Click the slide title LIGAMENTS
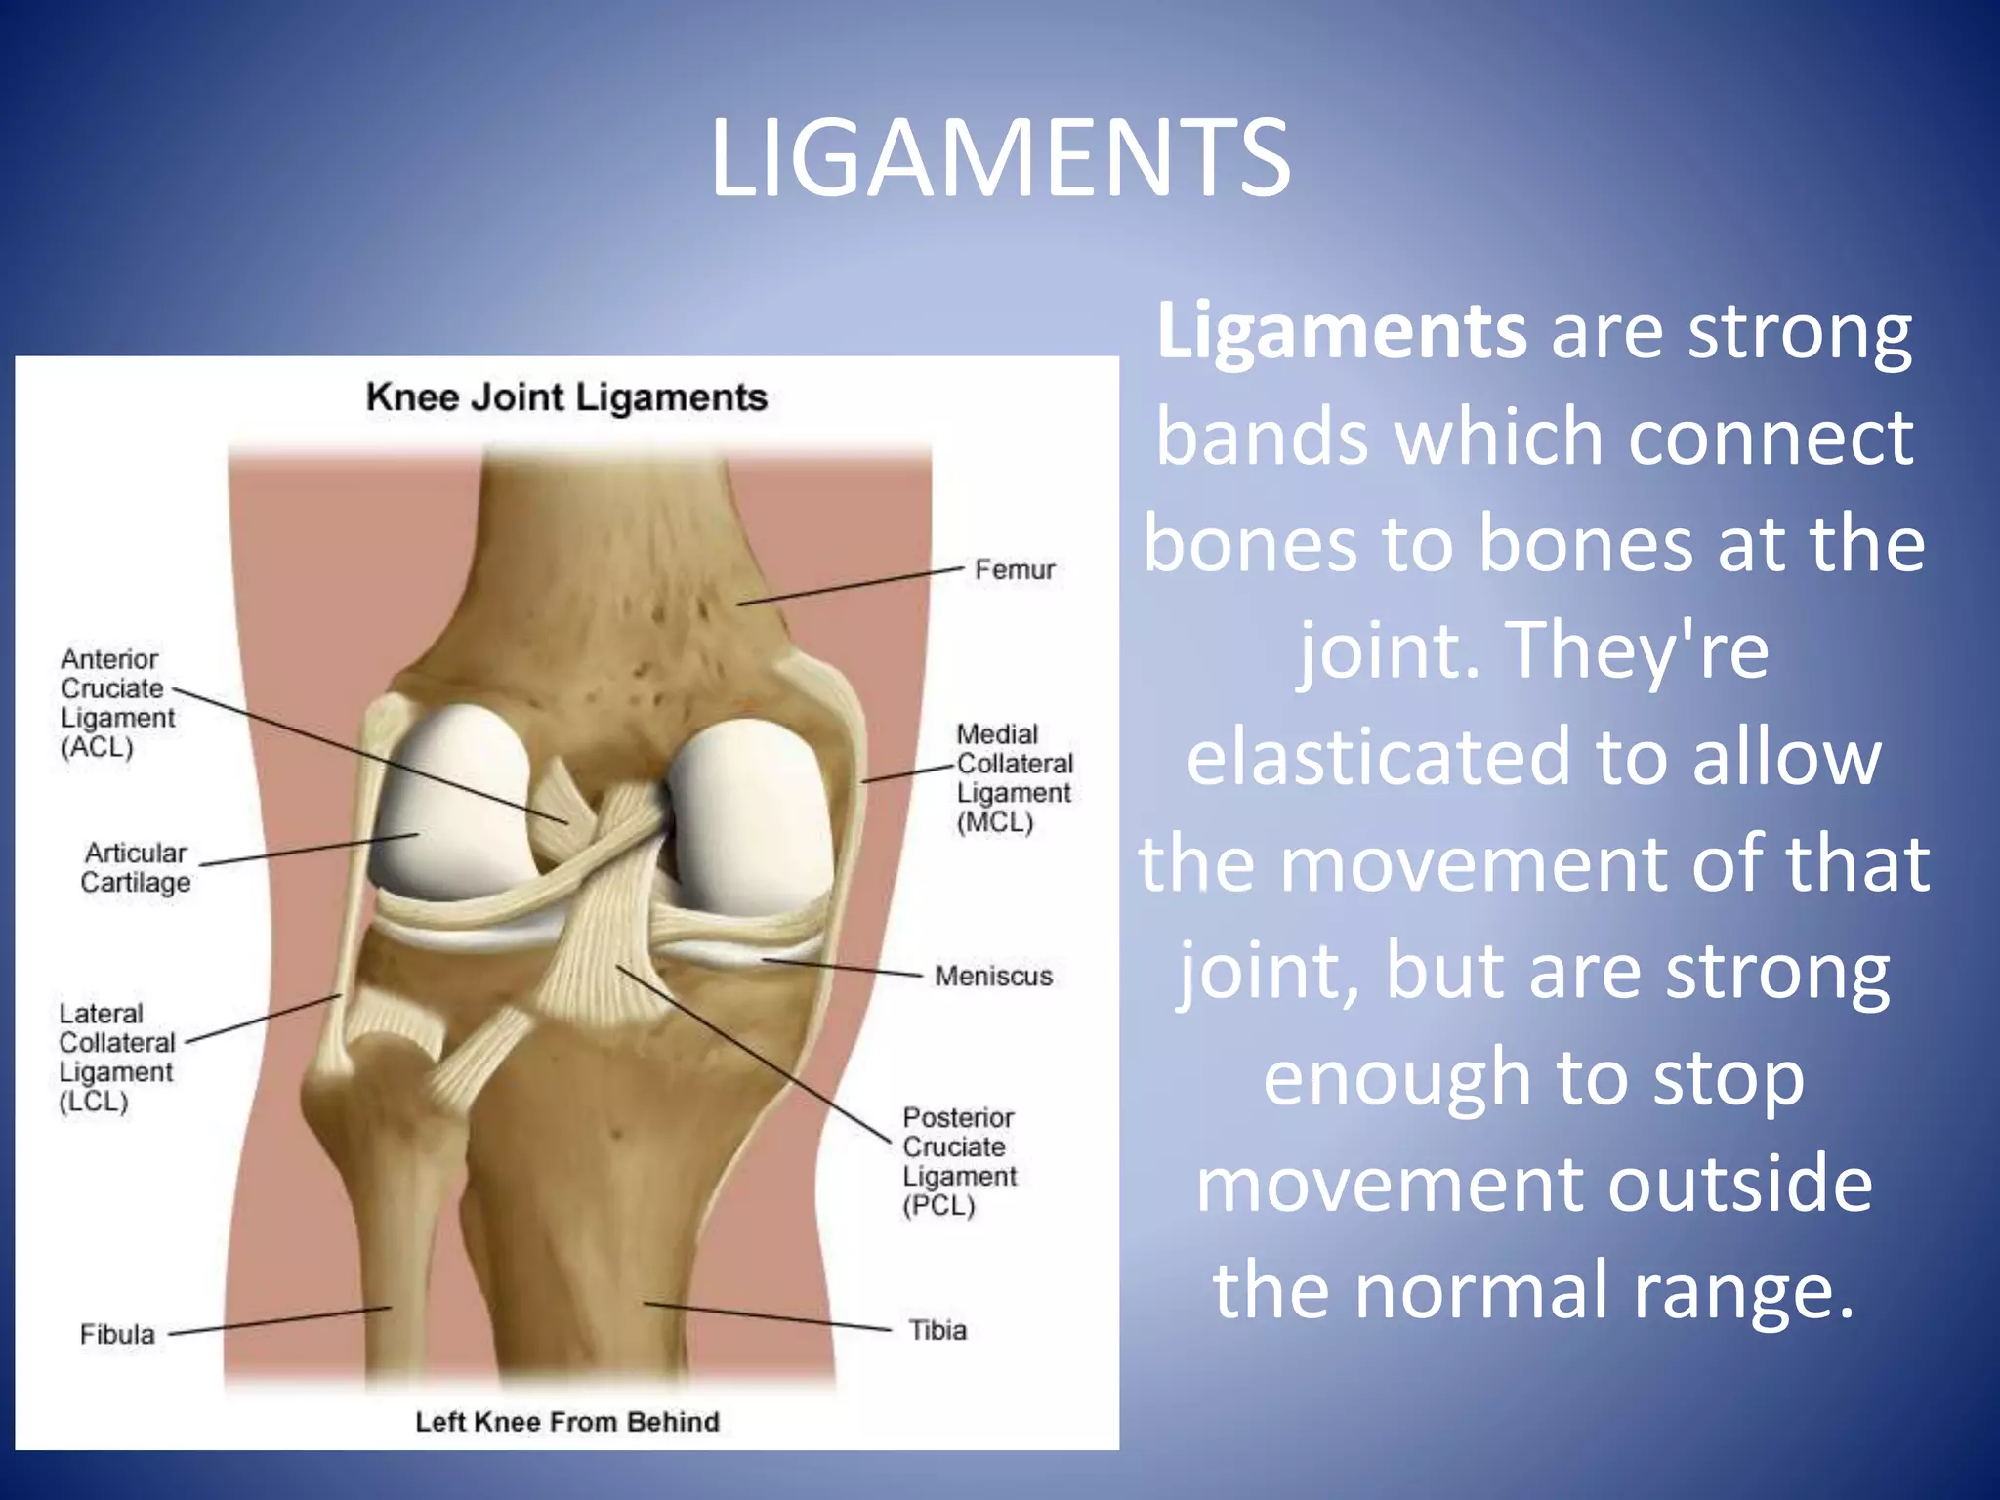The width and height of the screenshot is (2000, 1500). click(1000, 158)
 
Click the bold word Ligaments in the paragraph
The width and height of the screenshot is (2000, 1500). click(1342, 332)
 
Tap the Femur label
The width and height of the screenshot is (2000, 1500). click(1015, 569)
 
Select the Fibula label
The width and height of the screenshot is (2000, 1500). click(117, 1334)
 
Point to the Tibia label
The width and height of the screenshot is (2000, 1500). click(937, 1330)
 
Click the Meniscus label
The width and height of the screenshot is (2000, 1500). click(993, 976)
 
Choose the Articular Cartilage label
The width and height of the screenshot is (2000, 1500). click(135, 867)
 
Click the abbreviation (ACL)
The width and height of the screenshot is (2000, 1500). click(97, 748)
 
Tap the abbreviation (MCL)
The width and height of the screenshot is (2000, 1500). click(994, 822)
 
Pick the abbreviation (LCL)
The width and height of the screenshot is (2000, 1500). click(94, 1102)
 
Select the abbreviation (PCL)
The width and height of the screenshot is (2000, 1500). click(938, 1206)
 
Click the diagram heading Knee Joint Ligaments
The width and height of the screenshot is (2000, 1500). click(566, 397)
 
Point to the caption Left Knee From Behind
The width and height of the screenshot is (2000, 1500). click(567, 1422)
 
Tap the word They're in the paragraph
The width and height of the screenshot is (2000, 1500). click(1638, 650)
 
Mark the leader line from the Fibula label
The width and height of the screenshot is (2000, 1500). click(280, 1320)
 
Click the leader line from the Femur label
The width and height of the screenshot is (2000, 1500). click(850, 586)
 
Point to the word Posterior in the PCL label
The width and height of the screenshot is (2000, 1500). click(958, 1117)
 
